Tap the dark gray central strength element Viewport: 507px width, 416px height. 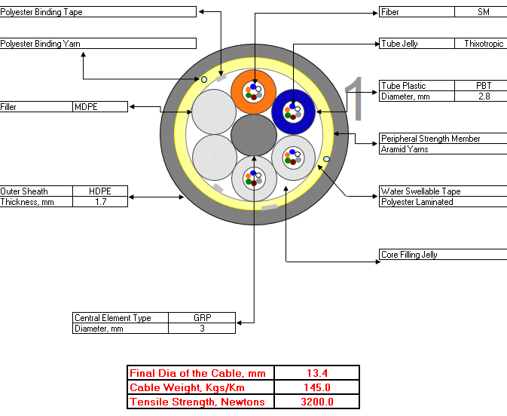(x=254, y=135)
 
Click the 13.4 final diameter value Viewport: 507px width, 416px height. (x=317, y=373)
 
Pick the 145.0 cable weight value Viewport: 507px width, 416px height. (x=317, y=387)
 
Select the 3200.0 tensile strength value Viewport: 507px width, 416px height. (x=317, y=402)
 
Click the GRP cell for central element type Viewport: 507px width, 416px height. (x=203, y=318)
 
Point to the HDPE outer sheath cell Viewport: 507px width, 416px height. (x=100, y=191)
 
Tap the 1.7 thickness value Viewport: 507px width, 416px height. (x=100, y=202)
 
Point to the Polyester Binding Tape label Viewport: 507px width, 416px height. (x=41, y=12)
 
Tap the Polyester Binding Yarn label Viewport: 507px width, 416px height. (x=40, y=44)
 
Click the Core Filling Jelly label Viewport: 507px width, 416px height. (x=409, y=255)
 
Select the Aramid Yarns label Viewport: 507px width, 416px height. (x=405, y=149)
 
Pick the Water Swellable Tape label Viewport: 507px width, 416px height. (x=420, y=191)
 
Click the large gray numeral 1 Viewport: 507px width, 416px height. (x=354, y=98)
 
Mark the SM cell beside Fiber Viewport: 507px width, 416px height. (x=484, y=12)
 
